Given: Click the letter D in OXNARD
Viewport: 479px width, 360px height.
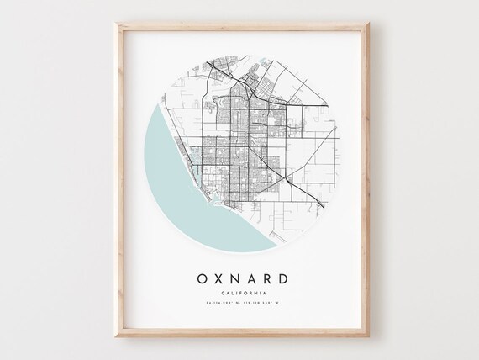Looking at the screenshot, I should (x=292, y=277).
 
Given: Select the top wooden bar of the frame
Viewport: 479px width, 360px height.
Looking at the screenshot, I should (x=240, y=27).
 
